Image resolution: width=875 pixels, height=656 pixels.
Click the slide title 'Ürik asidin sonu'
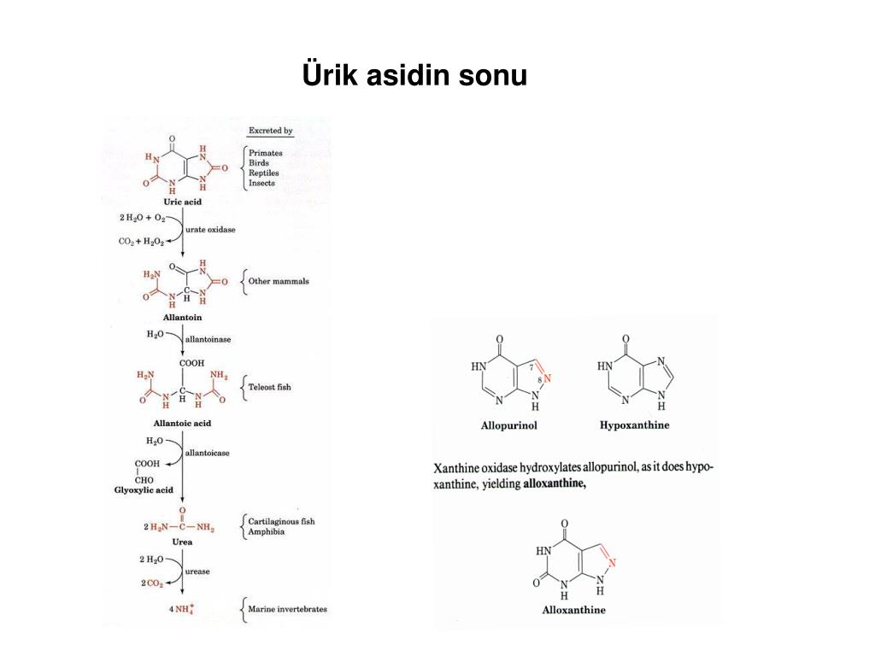414,74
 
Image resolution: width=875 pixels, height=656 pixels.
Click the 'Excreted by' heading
271,131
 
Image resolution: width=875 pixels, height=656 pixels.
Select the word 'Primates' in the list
266,153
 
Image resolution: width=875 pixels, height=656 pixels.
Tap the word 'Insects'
261,183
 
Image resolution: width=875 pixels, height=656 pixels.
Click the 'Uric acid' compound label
183,202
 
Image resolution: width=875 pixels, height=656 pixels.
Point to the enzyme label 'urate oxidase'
210,229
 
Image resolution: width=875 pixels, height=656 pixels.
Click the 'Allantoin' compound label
183,318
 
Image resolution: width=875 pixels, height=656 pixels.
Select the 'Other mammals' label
279,281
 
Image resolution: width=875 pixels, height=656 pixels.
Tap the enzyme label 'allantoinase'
208,339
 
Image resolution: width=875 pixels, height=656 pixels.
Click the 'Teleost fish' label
269,387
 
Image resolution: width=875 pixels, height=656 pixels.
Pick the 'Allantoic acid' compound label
183,424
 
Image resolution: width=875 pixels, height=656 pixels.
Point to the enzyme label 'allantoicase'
207,453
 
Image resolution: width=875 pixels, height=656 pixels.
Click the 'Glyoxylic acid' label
144,490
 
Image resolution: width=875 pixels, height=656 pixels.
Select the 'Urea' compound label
183,542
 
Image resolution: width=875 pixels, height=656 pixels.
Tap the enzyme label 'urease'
197,571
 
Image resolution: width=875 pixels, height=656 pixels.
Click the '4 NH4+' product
182,608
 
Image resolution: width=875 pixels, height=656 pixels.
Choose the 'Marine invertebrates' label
287,609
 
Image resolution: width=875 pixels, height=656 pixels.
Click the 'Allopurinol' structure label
509,425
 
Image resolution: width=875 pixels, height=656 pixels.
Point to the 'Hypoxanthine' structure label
635,425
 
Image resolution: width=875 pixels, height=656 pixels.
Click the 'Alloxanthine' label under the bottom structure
573,610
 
